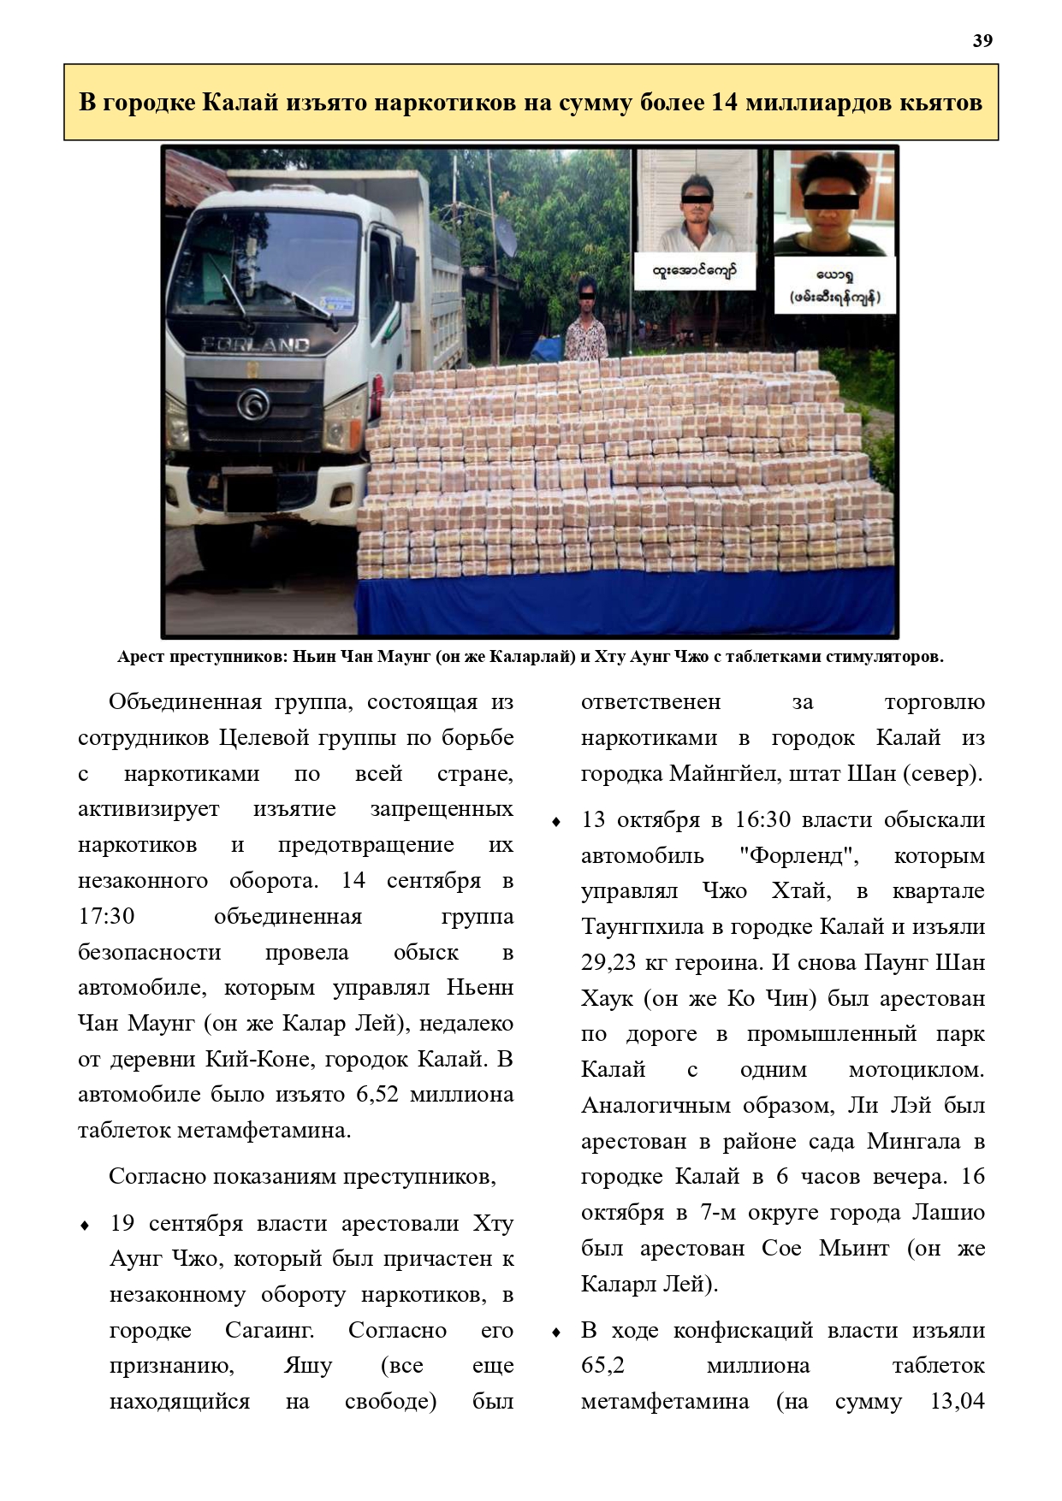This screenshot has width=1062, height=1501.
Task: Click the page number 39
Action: tap(982, 41)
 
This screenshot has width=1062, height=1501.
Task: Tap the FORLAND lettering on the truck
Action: tap(255, 345)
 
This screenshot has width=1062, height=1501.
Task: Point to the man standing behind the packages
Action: tap(585, 322)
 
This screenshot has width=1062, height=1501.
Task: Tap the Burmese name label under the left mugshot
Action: tap(694, 273)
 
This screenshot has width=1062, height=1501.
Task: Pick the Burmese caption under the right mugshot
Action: tap(834, 287)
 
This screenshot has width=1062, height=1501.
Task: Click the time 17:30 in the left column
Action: tap(106, 916)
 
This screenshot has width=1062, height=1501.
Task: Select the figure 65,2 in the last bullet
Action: tap(603, 1366)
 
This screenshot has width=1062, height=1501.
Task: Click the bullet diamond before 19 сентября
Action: tap(85, 1226)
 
